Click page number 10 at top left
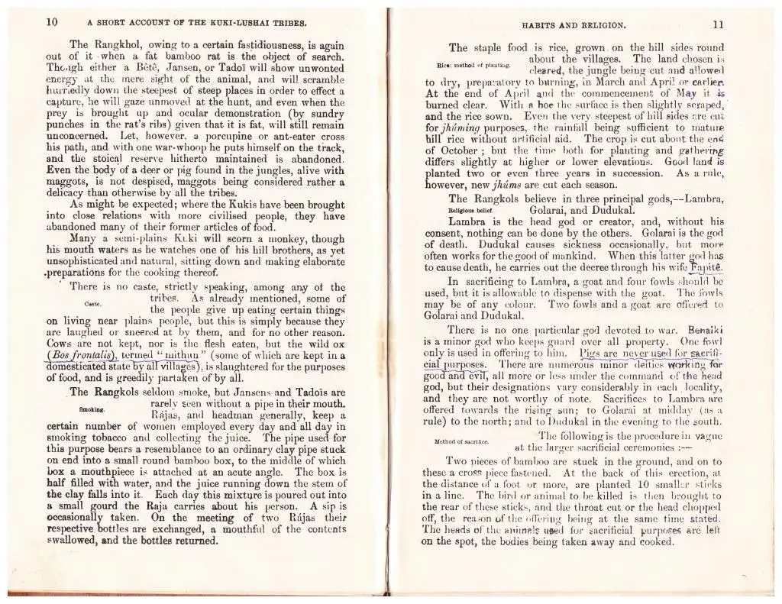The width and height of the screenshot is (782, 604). coord(52,22)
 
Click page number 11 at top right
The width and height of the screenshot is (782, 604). coord(719,24)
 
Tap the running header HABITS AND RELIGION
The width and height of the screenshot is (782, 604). coord(572,24)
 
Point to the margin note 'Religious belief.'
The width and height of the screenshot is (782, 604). coord(472,208)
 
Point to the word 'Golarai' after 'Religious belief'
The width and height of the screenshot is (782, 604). coord(552,208)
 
